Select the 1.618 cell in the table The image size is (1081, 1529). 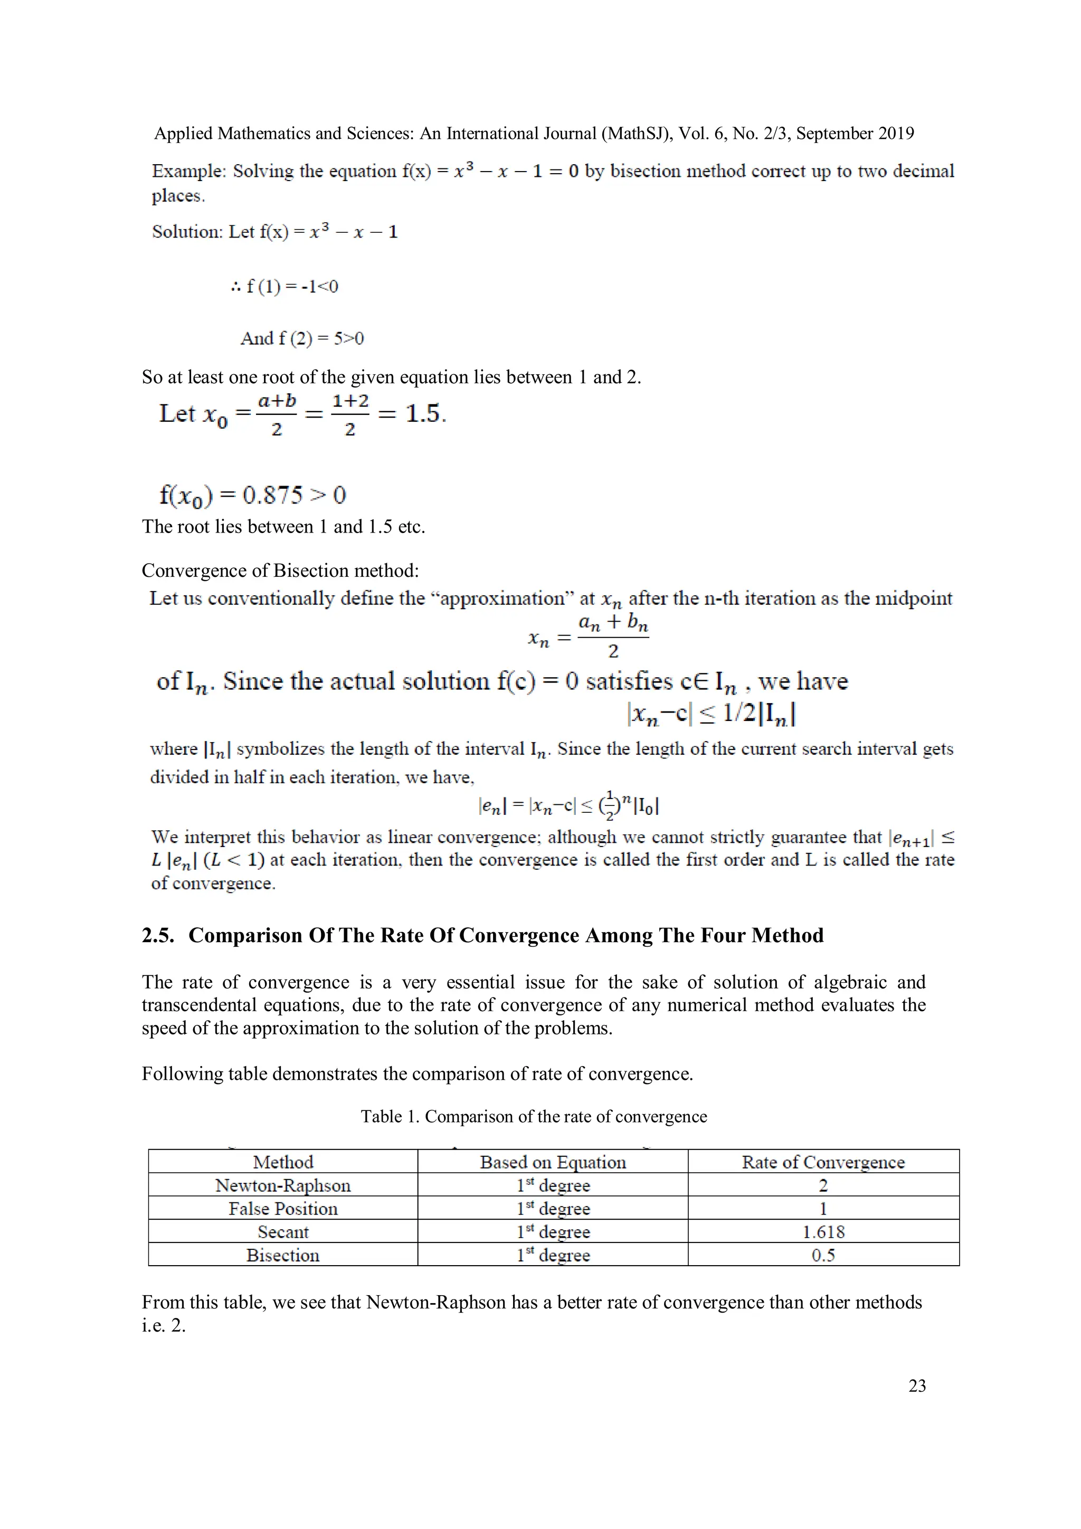coord(823,1232)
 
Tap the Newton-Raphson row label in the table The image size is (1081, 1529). coord(282,1185)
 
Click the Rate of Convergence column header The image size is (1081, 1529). coord(823,1162)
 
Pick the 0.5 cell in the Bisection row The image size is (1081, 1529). coord(823,1255)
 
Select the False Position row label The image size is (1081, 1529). coord(282,1209)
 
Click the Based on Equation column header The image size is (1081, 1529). coord(553,1162)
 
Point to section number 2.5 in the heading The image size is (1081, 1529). coord(158,936)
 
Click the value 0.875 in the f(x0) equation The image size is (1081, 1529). coord(272,495)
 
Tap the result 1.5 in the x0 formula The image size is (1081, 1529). coord(424,414)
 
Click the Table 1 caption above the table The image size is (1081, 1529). coord(534,1117)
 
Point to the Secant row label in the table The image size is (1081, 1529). coord(282,1232)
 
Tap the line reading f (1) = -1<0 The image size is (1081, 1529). coord(285,287)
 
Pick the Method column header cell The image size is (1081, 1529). coord(282,1162)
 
